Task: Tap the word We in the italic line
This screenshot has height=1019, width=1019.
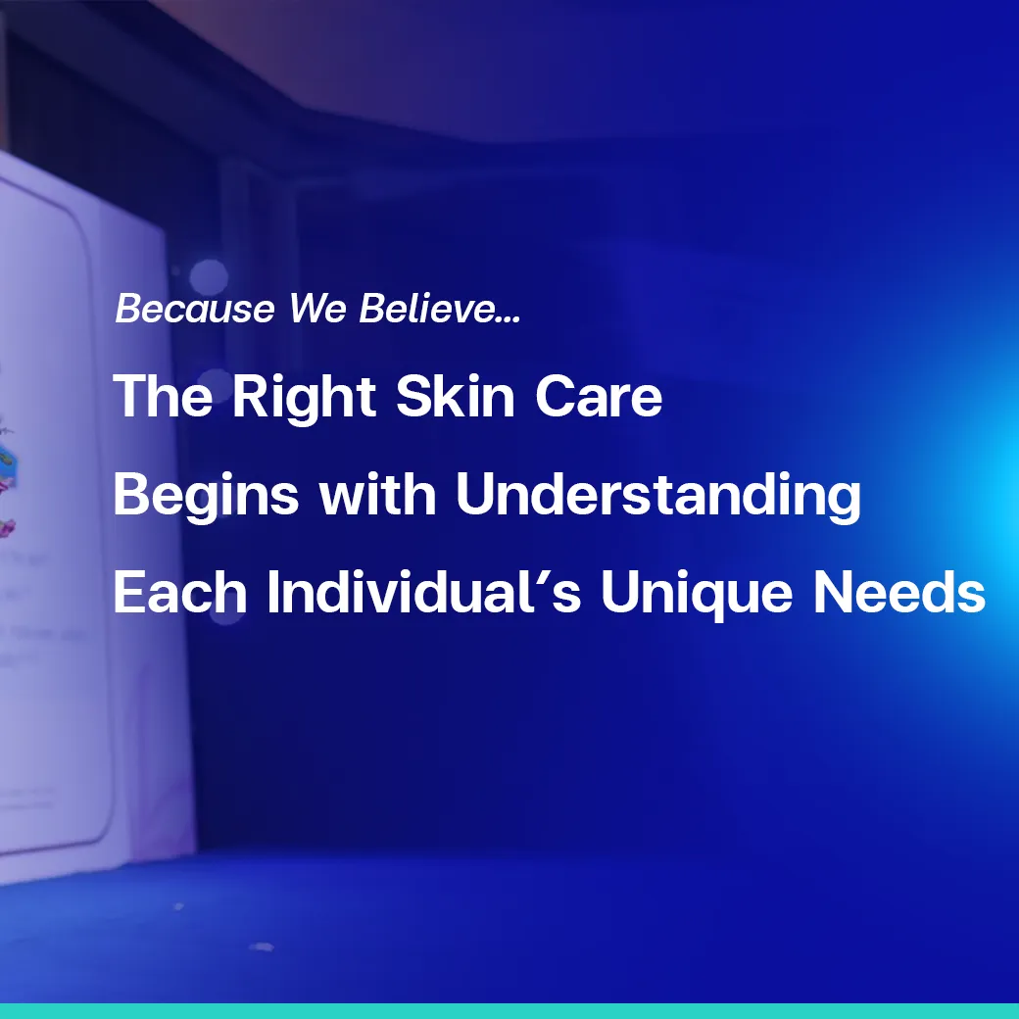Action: click(x=318, y=310)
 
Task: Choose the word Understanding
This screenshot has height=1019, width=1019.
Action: click(x=658, y=497)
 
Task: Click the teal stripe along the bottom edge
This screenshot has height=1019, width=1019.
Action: click(x=509, y=1011)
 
